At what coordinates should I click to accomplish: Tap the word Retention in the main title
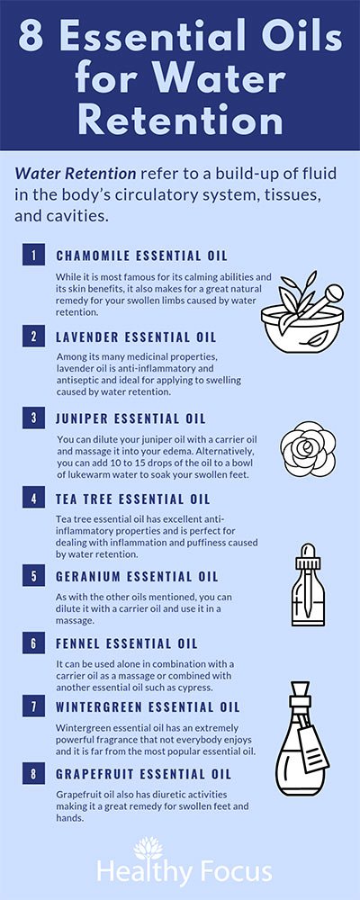click(180, 121)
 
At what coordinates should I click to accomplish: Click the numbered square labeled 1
click(33, 255)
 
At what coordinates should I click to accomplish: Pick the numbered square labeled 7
click(33, 706)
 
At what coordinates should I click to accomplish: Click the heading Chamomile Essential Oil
click(142, 255)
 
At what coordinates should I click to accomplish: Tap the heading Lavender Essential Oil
click(136, 337)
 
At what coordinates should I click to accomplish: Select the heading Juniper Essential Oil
click(130, 418)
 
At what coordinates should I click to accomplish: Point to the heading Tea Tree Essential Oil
click(133, 499)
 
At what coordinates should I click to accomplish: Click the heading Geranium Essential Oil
click(137, 576)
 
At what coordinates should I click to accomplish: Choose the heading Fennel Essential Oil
click(127, 643)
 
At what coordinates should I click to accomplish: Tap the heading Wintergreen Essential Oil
click(148, 706)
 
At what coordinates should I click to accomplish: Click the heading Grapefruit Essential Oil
click(143, 774)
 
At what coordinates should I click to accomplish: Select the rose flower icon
click(308, 449)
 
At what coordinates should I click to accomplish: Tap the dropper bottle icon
click(309, 584)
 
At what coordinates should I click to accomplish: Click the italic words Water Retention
click(76, 174)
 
